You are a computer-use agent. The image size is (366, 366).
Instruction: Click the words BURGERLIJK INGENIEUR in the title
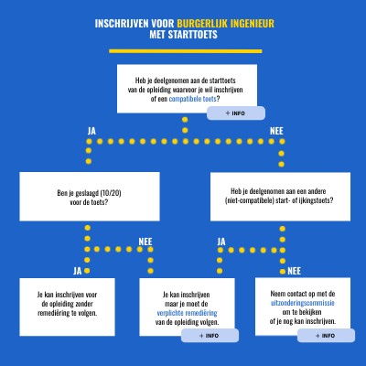tap(226, 24)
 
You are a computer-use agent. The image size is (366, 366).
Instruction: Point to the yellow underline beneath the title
tap(186, 51)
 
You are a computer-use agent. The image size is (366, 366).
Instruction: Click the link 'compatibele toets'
tap(192, 99)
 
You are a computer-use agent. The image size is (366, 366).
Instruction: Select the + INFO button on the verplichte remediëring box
tap(210, 336)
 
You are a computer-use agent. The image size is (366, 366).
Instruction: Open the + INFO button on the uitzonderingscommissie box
tap(326, 336)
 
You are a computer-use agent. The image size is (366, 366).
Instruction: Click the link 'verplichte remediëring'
tap(187, 313)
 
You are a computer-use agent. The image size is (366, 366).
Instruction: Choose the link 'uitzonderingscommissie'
tap(303, 303)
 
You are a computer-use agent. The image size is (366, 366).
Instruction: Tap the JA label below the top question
tap(91, 131)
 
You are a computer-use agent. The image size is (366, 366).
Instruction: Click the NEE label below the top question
tap(276, 131)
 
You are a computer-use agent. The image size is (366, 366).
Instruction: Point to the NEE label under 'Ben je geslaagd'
tap(145, 242)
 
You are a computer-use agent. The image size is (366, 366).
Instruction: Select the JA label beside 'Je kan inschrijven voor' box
tap(78, 271)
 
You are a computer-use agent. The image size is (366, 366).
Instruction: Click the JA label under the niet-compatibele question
tap(221, 242)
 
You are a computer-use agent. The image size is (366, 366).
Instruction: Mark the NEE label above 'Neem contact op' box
tap(294, 271)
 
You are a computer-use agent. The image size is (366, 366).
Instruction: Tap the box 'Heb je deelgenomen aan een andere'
tap(280, 197)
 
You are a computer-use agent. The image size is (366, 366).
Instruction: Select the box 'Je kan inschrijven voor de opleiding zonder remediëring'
tap(67, 307)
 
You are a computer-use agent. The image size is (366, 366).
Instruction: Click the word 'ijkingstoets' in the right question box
tap(317, 200)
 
